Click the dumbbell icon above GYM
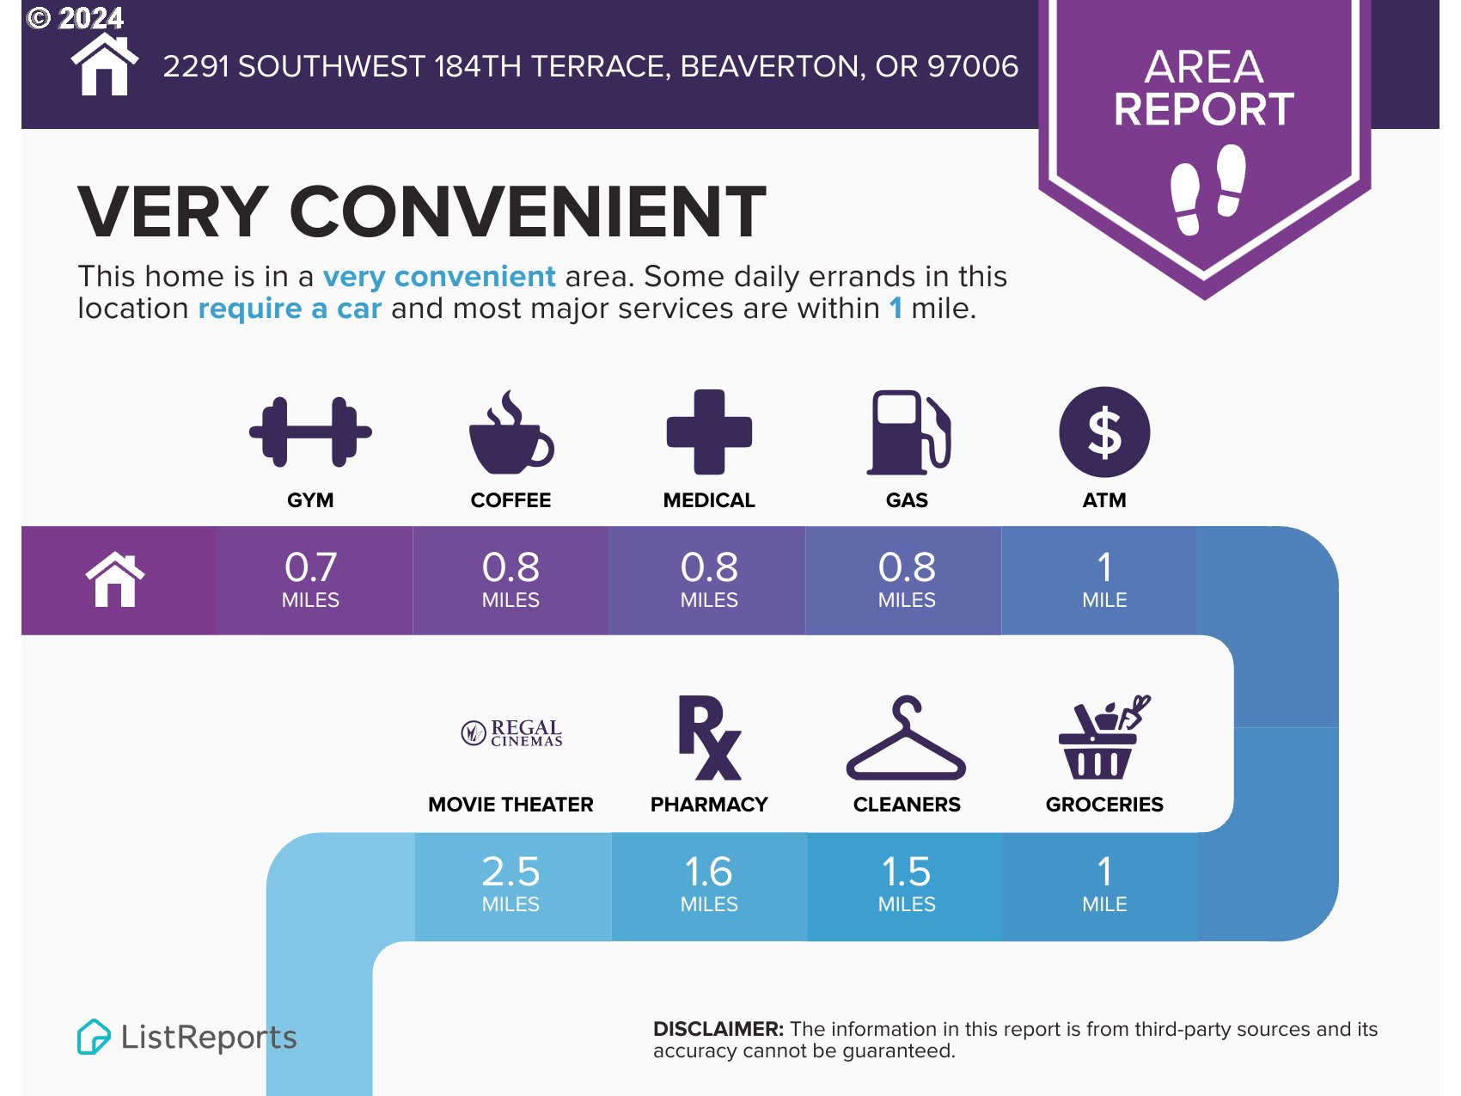[310, 432]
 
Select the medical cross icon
[709, 432]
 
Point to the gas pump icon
[908, 432]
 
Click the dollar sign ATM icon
[1104, 432]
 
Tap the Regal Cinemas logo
[511, 732]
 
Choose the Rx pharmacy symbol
[709, 738]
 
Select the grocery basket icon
[1104, 737]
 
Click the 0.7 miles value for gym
[310, 579]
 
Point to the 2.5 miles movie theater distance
[510, 884]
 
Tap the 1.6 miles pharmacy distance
[709, 884]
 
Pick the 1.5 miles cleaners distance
[907, 884]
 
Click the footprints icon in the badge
[1207, 190]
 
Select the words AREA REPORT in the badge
[1204, 88]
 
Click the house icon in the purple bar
[115, 580]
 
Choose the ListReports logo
[186, 1037]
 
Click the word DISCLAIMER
[718, 1029]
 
